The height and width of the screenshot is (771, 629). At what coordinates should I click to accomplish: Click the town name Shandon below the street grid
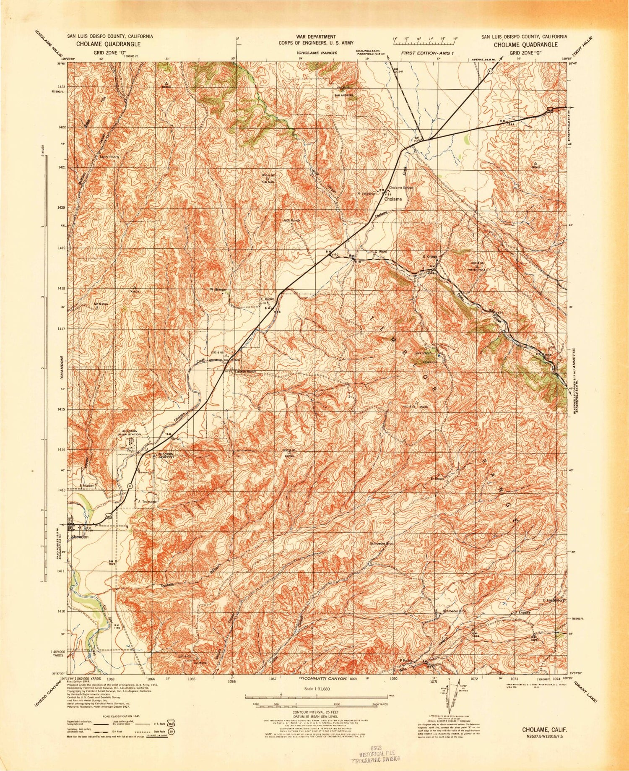(x=80, y=537)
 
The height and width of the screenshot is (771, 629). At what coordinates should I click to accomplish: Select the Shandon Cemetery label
(x=165, y=455)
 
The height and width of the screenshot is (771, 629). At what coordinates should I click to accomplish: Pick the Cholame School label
(x=401, y=188)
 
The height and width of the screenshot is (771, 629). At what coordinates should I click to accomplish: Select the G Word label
(x=380, y=252)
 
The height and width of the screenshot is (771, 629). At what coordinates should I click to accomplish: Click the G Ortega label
(x=430, y=257)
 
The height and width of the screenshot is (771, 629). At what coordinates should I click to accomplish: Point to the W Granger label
(x=218, y=289)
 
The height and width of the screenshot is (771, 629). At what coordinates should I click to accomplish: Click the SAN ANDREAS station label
(x=343, y=95)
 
